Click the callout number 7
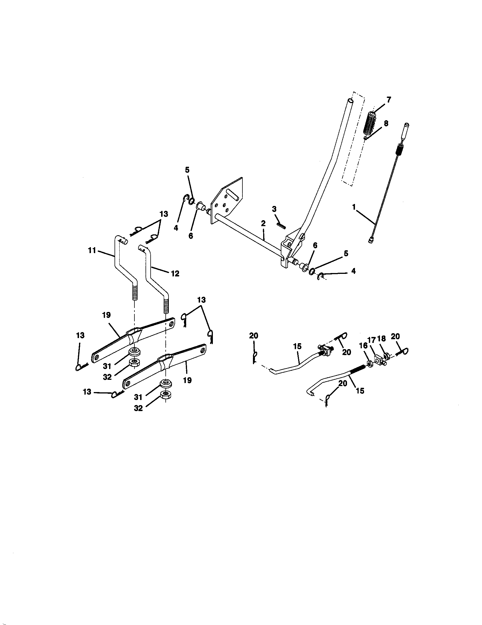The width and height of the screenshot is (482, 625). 388,100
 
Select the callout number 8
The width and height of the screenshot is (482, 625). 386,124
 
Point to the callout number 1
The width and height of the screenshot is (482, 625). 354,207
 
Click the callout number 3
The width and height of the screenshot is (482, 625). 274,209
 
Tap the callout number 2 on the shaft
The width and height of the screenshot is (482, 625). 263,223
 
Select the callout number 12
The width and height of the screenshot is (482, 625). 175,274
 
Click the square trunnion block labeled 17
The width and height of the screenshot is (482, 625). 378,358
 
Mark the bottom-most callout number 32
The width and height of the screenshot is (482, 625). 138,408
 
